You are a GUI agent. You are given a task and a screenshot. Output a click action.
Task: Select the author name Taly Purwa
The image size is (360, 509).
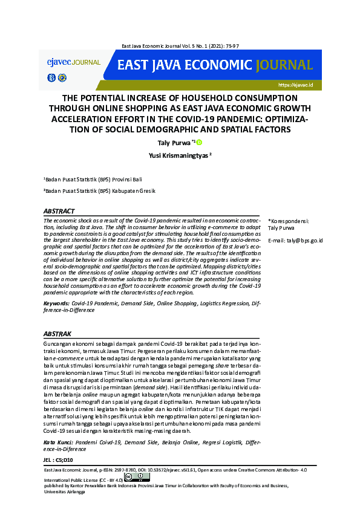click(x=172, y=143)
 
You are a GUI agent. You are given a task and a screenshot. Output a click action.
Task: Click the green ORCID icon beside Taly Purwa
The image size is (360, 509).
click(x=198, y=143)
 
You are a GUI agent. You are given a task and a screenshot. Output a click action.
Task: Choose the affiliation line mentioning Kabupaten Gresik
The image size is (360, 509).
click(x=99, y=191)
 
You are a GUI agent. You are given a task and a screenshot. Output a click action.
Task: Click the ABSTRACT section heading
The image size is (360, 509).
click(x=59, y=212)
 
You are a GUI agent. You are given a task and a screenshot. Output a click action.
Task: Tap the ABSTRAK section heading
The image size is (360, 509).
click(x=58, y=333)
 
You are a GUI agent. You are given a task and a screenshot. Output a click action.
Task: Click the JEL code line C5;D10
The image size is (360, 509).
click(x=59, y=460)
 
